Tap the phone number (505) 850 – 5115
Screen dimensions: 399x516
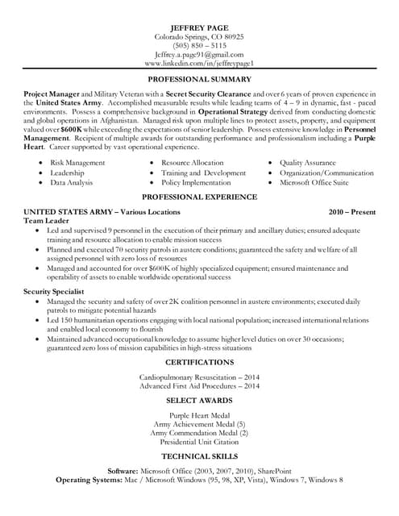[x=199, y=46]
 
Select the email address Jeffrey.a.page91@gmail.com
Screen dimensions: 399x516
[x=199, y=54]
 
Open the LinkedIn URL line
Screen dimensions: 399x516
[x=199, y=63]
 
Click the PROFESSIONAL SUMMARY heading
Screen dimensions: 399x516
[x=199, y=80]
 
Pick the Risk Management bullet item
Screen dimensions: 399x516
[x=77, y=163]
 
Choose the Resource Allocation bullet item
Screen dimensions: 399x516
[x=192, y=163]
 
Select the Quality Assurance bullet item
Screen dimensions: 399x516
[x=309, y=163]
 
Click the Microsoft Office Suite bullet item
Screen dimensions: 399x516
[x=318, y=182]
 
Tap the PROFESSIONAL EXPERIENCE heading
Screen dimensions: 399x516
[x=199, y=197]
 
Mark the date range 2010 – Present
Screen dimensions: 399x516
[x=351, y=211]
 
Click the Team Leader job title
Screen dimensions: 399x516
[x=45, y=220]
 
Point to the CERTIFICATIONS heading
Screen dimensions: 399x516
[x=199, y=362]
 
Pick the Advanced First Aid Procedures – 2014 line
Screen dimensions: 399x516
[x=199, y=386]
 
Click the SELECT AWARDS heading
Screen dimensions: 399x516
[x=199, y=400]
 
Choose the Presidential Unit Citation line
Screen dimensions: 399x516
[x=199, y=441]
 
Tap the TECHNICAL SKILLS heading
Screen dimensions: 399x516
[x=199, y=456]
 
